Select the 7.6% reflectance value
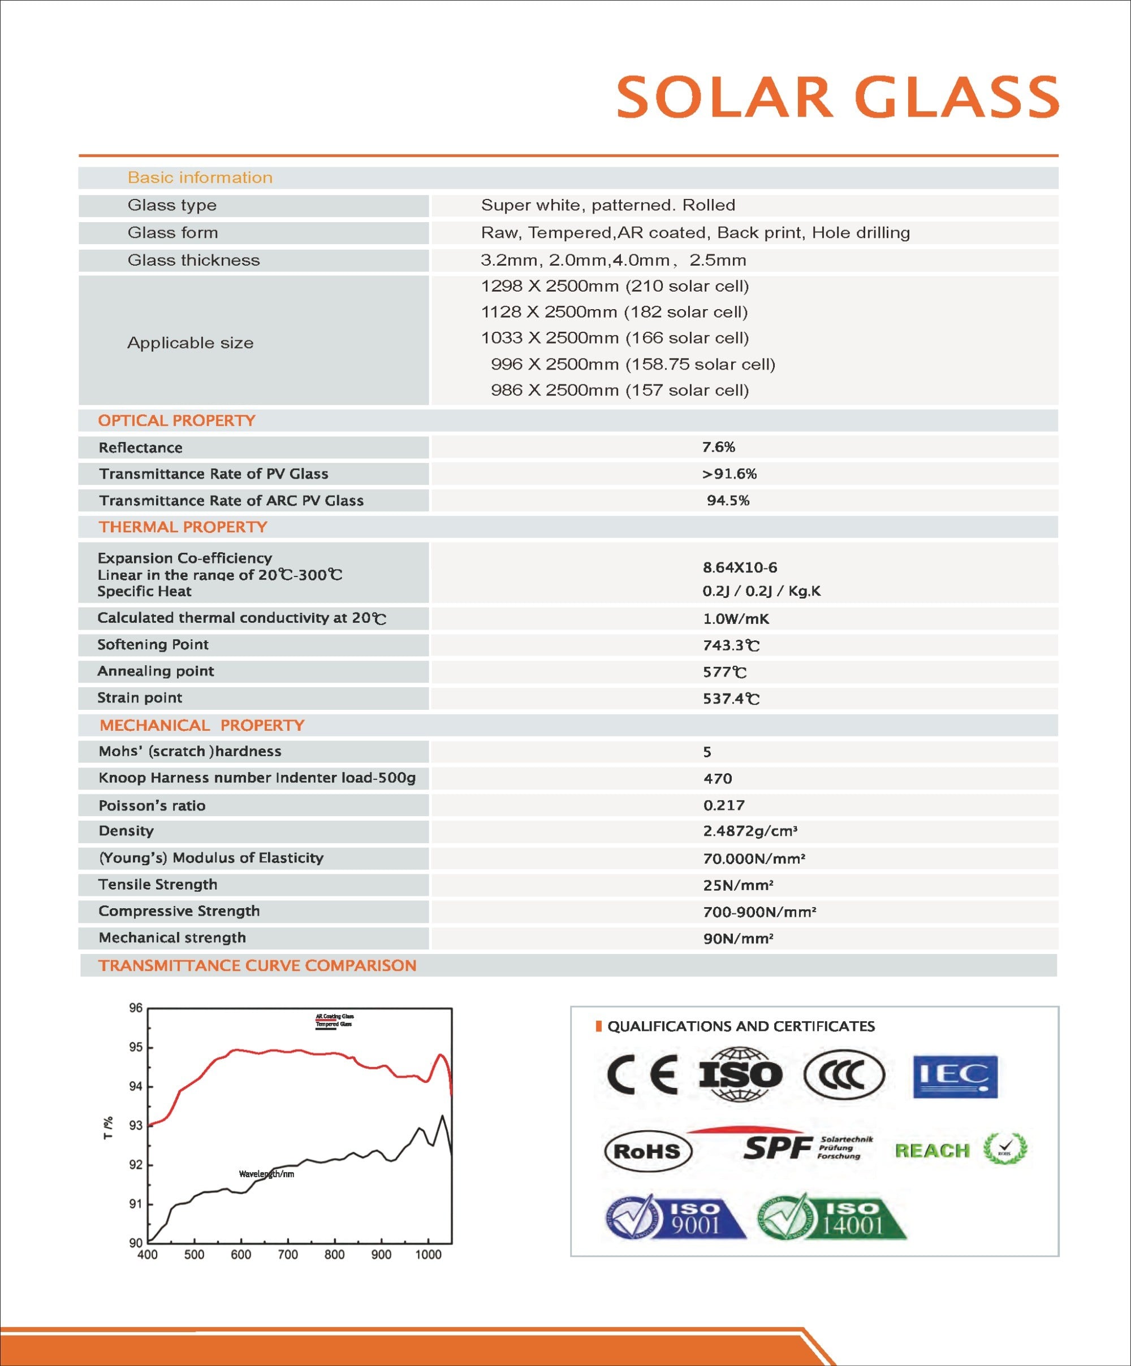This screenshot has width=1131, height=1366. tap(718, 447)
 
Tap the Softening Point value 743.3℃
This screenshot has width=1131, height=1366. tap(731, 645)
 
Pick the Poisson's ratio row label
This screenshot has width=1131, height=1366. tap(152, 805)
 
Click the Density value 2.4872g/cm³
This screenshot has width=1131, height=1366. tap(750, 831)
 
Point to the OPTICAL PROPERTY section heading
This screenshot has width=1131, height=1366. tap(176, 420)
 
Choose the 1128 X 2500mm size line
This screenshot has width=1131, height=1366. tap(614, 312)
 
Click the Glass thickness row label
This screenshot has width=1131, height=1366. tap(193, 260)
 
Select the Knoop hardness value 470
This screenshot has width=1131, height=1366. tap(717, 778)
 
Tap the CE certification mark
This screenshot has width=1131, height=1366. tap(642, 1074)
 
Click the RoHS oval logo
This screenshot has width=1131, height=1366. tap(647, 1151)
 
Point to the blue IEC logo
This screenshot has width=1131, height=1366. tap(955, 1077)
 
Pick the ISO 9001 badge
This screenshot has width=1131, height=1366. tap(675, 1218)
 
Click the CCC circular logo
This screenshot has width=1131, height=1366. tap(844, 1074)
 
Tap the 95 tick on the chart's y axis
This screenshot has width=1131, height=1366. tap(135, 1047)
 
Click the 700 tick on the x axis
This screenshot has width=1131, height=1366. tap(288, 1255)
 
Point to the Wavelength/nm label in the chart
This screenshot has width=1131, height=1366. tap(266, 1174)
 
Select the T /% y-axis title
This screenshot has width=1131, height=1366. tap(109, 1128)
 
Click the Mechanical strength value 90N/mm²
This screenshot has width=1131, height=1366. tap(738, 938)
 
